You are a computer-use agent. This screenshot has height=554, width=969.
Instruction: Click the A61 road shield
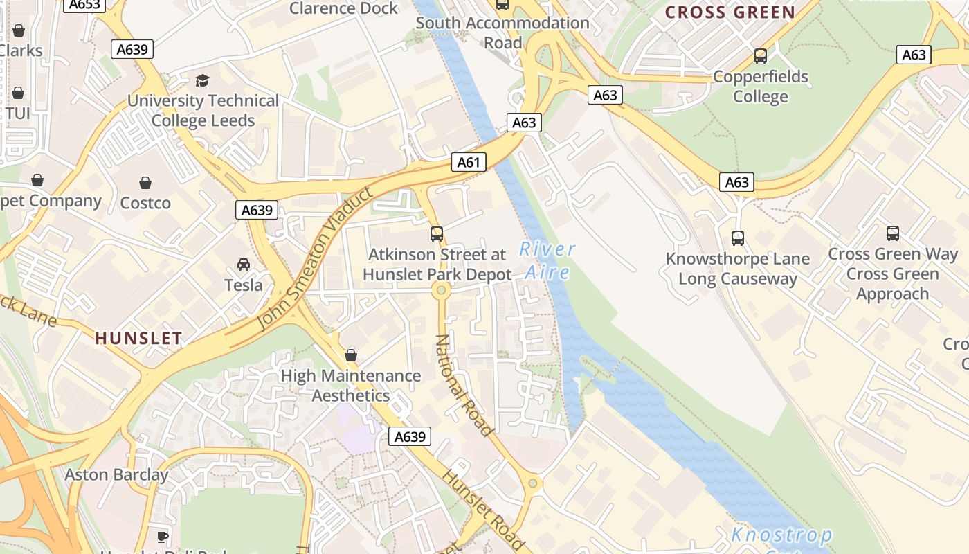click(469, 163)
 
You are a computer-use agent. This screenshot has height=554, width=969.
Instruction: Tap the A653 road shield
click(84, 5)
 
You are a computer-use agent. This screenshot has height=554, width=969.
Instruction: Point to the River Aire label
click(547, 260)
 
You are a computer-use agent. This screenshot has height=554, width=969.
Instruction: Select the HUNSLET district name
click(138, 338)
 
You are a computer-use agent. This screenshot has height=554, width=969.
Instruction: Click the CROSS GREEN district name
click(730, 12)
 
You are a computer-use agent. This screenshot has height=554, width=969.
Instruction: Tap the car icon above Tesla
click(244, 265)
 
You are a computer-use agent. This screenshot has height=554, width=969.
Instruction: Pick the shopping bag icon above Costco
click(145, 183)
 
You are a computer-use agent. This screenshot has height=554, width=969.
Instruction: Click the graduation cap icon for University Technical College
click(202, 81)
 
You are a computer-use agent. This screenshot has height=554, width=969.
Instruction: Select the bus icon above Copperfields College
click(761, 56)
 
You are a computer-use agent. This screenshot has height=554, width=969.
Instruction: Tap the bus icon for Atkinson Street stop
click(437, 234)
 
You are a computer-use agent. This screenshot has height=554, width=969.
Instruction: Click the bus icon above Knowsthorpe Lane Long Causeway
click(738, 238)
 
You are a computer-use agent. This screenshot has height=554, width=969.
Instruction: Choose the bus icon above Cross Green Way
click(893, 233)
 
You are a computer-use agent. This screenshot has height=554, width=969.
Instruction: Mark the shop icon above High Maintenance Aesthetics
click(351, 355)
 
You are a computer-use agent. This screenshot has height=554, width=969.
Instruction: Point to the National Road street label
click(463, 385)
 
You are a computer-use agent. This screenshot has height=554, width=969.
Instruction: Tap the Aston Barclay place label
click(116, 475)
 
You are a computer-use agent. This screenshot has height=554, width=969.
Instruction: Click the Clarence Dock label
click(343, 8)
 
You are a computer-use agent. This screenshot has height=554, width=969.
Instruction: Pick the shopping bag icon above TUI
click(18, 93)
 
